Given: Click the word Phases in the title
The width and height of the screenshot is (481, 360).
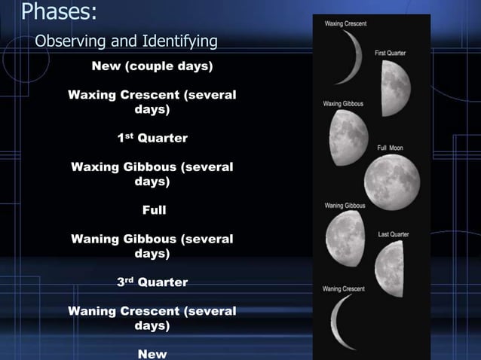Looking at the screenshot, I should click(x=57, y=12).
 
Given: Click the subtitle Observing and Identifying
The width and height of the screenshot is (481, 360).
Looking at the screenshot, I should click(x=126, y=41).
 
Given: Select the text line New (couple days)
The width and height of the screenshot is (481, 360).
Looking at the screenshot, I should click(x=152, y=66).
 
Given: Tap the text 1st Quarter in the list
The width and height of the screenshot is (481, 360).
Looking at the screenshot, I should click(x=152, y=139).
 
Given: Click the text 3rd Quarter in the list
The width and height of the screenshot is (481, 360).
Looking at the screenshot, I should click(x=152, y=282).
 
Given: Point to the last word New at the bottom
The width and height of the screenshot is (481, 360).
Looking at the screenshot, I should click(x=152, y=353).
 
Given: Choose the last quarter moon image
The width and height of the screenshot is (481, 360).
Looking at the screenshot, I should click(x=390, y=267).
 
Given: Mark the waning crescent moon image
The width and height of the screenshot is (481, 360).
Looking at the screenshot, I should click(x=342, y=322).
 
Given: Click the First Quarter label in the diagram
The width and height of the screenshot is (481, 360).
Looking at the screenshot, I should click(x=390, y=53).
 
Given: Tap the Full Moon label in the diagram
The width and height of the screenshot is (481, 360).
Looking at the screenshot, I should click(x=390, y=148).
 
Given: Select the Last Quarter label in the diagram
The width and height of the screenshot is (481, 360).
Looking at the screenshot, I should click(x=393, y=234).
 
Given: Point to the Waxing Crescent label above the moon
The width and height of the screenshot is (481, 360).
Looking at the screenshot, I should click(x=345, y=24).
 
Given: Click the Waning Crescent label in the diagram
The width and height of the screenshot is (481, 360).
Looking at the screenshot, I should click(x=343, y=288).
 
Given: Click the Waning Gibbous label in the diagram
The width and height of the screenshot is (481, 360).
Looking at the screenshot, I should click(x=345, y=205).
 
